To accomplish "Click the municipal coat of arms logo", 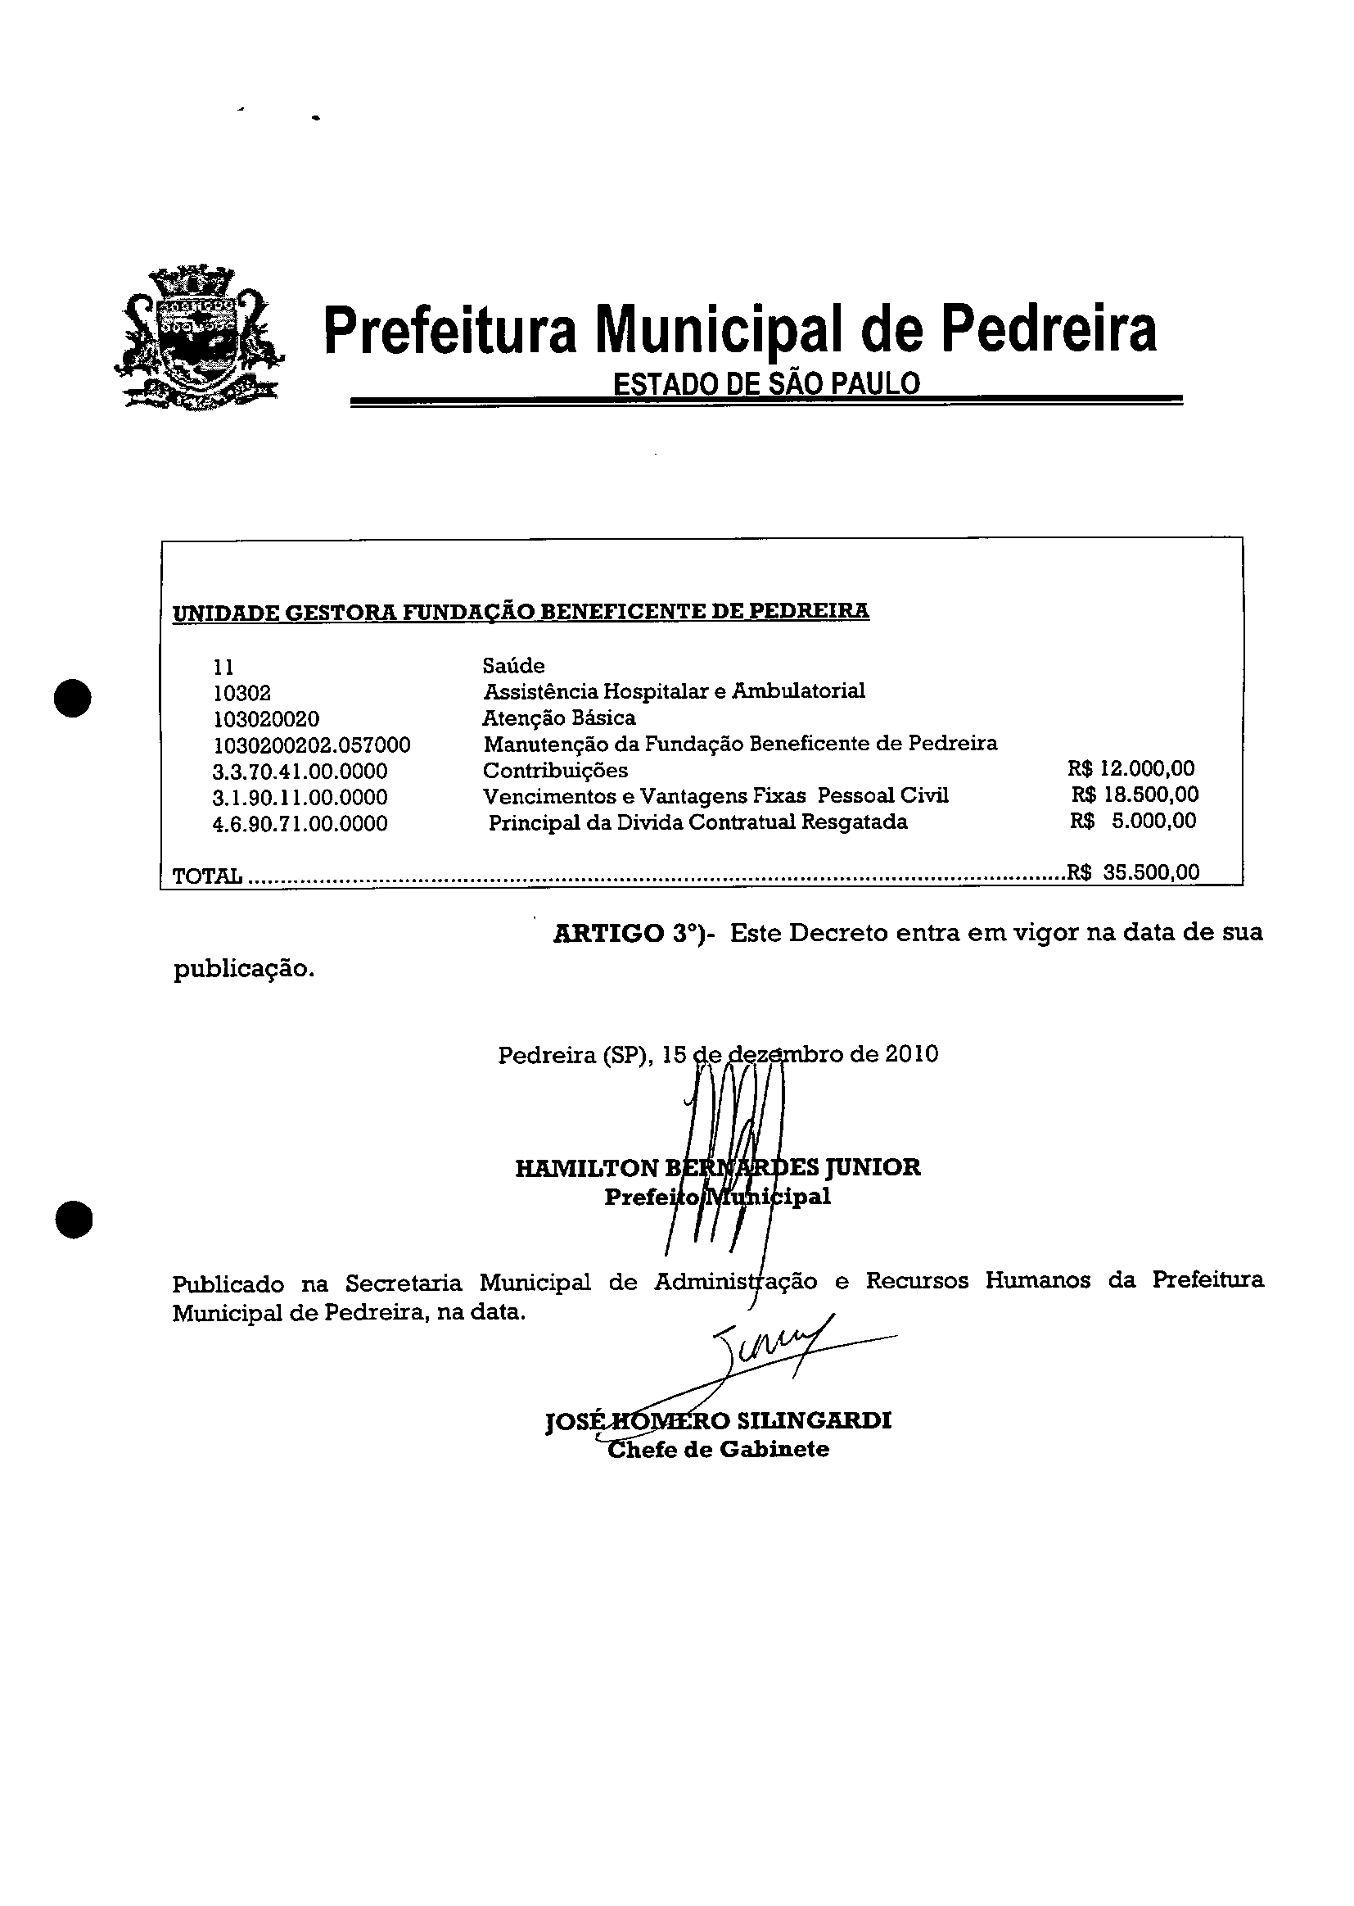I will (x=199, y=337).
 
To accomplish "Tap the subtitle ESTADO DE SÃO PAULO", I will (x=766, y=383).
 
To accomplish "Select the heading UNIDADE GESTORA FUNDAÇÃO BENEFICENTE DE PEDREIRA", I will (x=521, y=611).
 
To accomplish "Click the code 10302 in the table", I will (x=241, y=693).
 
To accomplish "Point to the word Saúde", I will (x=513, y=666).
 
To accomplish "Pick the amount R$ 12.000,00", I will (x=1131, y=768).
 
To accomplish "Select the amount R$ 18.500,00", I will (x=1135, y=795).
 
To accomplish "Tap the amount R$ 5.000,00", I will (x=1133, y=821).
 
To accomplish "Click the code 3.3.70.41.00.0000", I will (x=300, y=771).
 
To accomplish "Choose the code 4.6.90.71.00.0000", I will (x=300, y=824).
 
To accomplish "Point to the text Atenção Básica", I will (x=559, y=718).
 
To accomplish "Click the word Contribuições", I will (x=555, y=770).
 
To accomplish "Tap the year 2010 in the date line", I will (x=911, y=1054).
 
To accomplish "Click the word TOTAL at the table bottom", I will (x=207, y=876).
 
